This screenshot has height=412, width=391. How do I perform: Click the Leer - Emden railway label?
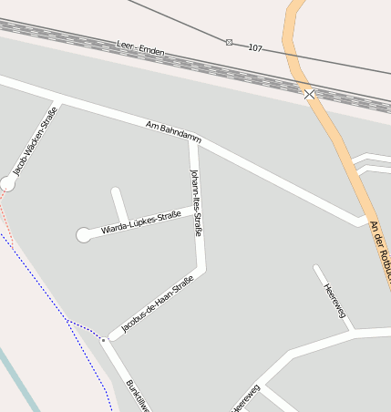(x=141, y=47)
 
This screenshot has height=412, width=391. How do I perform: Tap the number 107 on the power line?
(x=255, y=46)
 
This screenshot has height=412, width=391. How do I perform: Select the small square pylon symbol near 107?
(x=229, y=41)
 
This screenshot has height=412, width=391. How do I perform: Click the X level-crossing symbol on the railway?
(x=309, y=94)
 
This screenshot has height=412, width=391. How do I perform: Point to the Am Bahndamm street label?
(x=173, y=131)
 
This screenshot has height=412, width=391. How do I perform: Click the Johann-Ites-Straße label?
(x=196, y=202)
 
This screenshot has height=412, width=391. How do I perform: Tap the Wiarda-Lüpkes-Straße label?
(x=141, y=221)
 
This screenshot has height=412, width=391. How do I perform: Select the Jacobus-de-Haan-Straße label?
(x=157, y=304)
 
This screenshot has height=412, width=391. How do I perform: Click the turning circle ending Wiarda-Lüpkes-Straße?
(x=84, y=235)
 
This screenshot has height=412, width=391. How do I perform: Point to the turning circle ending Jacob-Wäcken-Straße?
(x=8, y=183)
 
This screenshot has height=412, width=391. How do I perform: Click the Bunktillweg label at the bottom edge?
(x=138, y=396)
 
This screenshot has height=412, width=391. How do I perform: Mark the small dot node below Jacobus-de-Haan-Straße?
(x=104, y=340)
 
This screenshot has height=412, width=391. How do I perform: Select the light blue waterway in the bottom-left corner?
(x=18, y=379)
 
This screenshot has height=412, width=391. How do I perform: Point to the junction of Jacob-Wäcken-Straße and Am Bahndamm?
(x=57, y=98)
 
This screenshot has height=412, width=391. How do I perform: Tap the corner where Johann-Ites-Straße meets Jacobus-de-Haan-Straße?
(x=201, y=271)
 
